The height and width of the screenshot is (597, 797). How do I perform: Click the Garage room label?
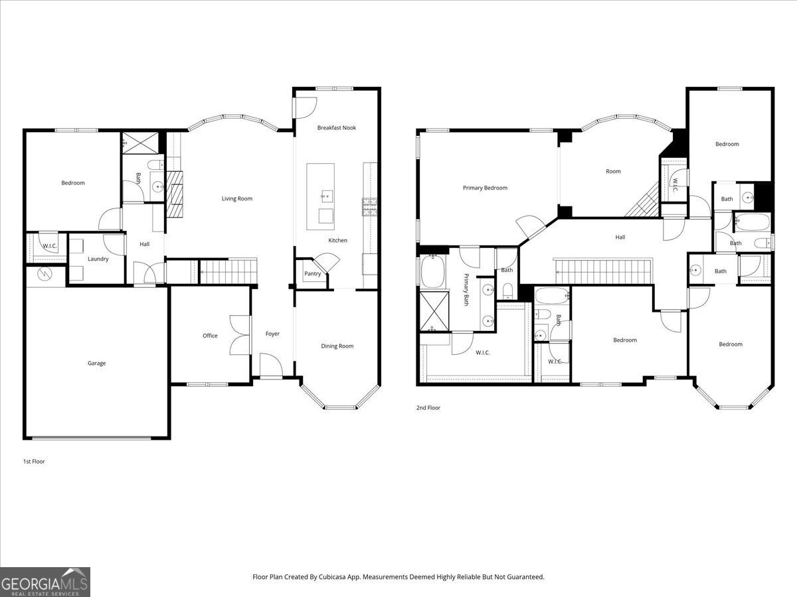(96, 363)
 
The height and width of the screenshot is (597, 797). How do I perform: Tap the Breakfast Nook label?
(336, 127)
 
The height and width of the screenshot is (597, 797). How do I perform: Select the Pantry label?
(312, 273)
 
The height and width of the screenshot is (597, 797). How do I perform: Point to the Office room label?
(210, 336)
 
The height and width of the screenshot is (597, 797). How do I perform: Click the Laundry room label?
(98, 259)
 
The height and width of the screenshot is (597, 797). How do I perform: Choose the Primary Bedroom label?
(485, 188)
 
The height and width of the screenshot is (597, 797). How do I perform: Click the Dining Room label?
(337, 346)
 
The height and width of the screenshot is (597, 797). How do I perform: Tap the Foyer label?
(272, 334)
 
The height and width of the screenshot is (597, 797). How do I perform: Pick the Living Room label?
(236, 198)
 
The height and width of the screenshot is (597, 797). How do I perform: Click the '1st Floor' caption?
(34, 461)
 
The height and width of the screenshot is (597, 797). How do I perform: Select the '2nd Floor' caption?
(428, 408)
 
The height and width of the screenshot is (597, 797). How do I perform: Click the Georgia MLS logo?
(45, 582)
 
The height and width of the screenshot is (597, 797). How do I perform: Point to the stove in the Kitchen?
(369, 207)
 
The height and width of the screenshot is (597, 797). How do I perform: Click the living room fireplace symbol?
(175, 194)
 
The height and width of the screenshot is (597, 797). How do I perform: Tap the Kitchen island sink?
(325, 195)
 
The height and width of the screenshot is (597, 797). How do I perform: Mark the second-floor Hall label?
(620, 237)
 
